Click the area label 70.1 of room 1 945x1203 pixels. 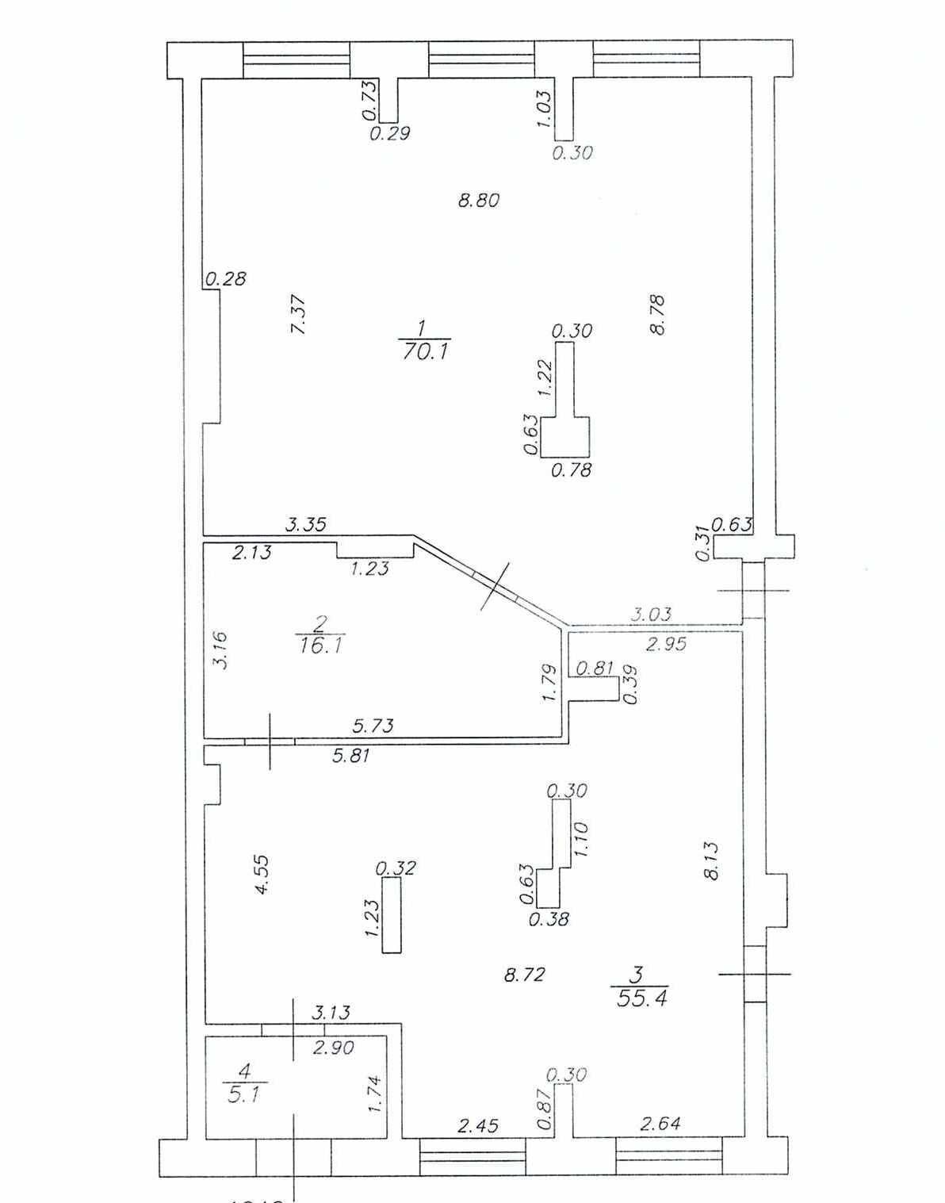click(x=426, y=351)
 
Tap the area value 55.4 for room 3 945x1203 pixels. click(x=641, y=998)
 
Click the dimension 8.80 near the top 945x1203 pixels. click(x=479, y=200)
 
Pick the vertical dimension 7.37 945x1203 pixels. click(x=298, y=314)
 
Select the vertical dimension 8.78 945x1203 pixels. click(x=656, y=315)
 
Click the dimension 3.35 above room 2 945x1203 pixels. click(x=306, y=524)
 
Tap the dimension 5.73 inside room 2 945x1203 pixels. click(x=373, y=725)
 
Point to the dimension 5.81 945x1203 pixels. click(x=350, y=756)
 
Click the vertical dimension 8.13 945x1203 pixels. click(x=710, y=860)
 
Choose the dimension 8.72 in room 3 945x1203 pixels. click(x=524, y=974)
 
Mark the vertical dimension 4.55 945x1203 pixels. click(x=262, y=874)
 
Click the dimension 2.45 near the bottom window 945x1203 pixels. click(x=478, y=1125)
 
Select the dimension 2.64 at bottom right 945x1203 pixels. click(x=660, y=1123)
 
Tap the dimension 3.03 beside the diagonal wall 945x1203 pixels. click(x=651, y=613)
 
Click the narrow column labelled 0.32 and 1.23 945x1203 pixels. click(x=391, y=916)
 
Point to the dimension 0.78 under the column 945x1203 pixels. click(x=571, y=469)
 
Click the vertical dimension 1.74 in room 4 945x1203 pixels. click(x=376, y=1094)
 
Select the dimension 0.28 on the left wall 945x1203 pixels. click(x=226, y=278)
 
